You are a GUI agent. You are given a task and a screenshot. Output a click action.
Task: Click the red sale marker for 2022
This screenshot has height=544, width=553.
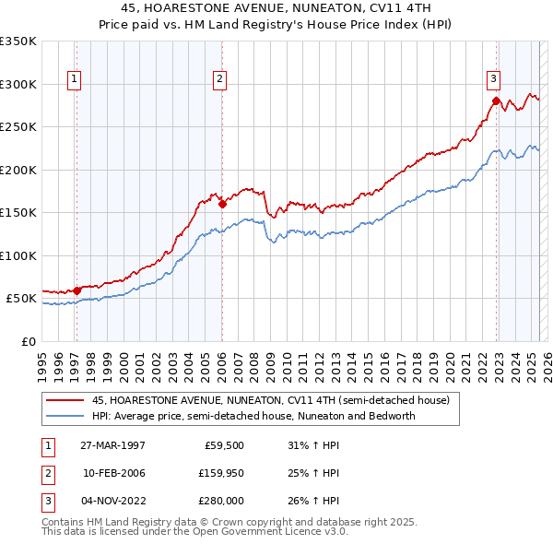[x=496, y=101]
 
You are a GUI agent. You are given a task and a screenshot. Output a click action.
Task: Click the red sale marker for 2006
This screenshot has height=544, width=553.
[x=222, y=204]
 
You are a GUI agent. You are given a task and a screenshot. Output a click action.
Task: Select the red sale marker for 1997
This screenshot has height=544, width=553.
[x=77, y=290]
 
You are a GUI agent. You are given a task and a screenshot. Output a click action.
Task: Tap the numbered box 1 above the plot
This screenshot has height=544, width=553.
[x=74, y=80]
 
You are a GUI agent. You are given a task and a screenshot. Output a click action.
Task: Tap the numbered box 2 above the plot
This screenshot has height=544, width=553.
[x=220, y=80]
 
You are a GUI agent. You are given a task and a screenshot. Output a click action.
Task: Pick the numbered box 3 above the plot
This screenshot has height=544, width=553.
[x=493, y=80]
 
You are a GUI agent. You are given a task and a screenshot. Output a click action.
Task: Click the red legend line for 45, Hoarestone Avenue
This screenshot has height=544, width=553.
[x=65, y=401]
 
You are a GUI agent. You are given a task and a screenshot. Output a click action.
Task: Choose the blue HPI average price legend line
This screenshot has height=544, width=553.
[x=65, y=416]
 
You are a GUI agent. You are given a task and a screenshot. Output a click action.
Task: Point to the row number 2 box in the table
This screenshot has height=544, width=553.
[x=47, y=473]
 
